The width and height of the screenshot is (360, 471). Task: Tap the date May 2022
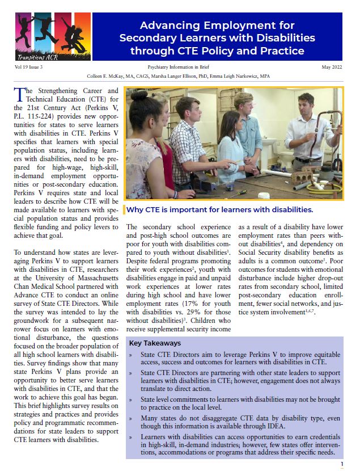click(x=331, y=67)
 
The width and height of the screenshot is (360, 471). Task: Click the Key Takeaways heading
click(x=155, y=343)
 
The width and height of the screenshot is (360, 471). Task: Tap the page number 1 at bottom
click(x=342, y=464)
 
